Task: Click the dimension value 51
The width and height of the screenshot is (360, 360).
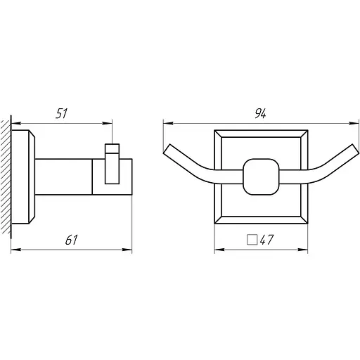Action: click(61, 113)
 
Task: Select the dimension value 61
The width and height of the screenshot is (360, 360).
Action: click(71, 240)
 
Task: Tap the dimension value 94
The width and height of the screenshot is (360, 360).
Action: click(260, 113)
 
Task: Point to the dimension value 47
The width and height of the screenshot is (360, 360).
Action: click(266, 240)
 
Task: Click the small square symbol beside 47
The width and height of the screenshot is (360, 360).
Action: click(252, 240)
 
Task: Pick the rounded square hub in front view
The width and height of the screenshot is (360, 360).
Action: click(261, 176)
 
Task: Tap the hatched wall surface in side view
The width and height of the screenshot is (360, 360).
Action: click(6, 177)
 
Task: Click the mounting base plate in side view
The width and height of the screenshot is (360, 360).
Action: click(23, 176)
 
